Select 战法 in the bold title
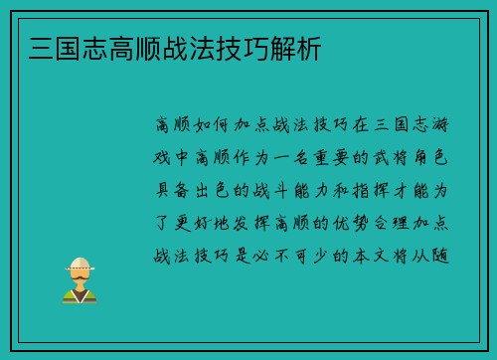point(183,47)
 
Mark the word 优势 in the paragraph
point(352,221)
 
